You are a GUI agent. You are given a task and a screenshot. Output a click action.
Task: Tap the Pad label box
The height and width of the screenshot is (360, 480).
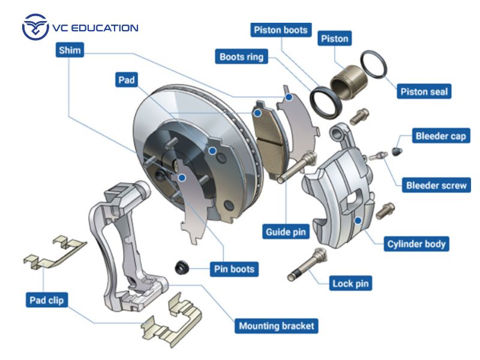pyautogui.click(x=127, y=80)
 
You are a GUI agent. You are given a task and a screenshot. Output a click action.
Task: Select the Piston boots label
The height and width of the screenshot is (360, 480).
pyautogui.click(x=281, y=30)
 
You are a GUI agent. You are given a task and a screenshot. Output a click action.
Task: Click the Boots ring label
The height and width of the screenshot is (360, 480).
pyautogui.click(x=240, y=58)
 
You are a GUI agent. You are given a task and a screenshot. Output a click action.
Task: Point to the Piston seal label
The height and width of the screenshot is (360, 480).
pyautogui.click(x=424, y=92)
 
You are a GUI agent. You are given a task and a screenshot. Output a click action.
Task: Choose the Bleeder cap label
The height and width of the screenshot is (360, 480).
pyautogui.click(x=440, y=136)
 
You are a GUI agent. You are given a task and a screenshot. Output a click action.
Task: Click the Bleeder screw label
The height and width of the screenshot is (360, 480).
pyautogui.click(x=436, y=185)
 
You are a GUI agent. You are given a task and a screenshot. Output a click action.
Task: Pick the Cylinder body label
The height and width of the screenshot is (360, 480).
pyautogui.click(x=416, y=244)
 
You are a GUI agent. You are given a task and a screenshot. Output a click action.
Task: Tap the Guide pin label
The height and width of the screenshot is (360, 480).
pyautogui.click(x=287, y=231)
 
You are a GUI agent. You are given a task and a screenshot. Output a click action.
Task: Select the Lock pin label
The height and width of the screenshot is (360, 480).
pyautogui.click(x=351, y=283)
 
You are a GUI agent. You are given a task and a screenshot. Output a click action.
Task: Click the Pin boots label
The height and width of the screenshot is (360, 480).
pyautogui.click(x=234, y=269)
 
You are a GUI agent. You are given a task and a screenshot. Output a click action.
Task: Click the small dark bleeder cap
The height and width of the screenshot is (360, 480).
pyautogui.click(x=396, y=151)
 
